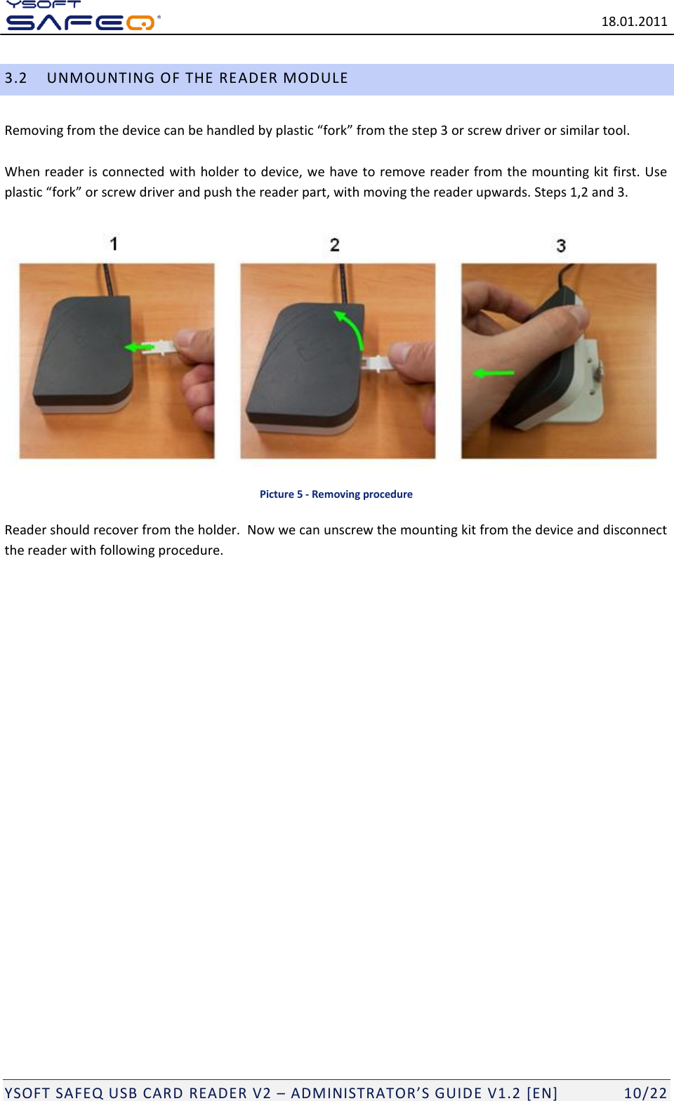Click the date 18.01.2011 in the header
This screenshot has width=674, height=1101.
pos(633,21)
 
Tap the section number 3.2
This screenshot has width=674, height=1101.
pos(15,78)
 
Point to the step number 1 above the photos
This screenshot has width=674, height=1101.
pos(114,244)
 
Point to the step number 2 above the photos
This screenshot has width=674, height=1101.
pos(334,244)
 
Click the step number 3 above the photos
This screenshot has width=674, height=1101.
pos(560,245)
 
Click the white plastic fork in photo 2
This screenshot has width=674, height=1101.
pos(377,363)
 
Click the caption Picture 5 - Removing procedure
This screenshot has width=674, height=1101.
pos(336,494)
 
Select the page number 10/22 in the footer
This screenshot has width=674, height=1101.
pos(645,1093)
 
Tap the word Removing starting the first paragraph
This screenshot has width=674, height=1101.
pos(34,131)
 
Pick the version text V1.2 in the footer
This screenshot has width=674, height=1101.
pos(503,1093)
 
